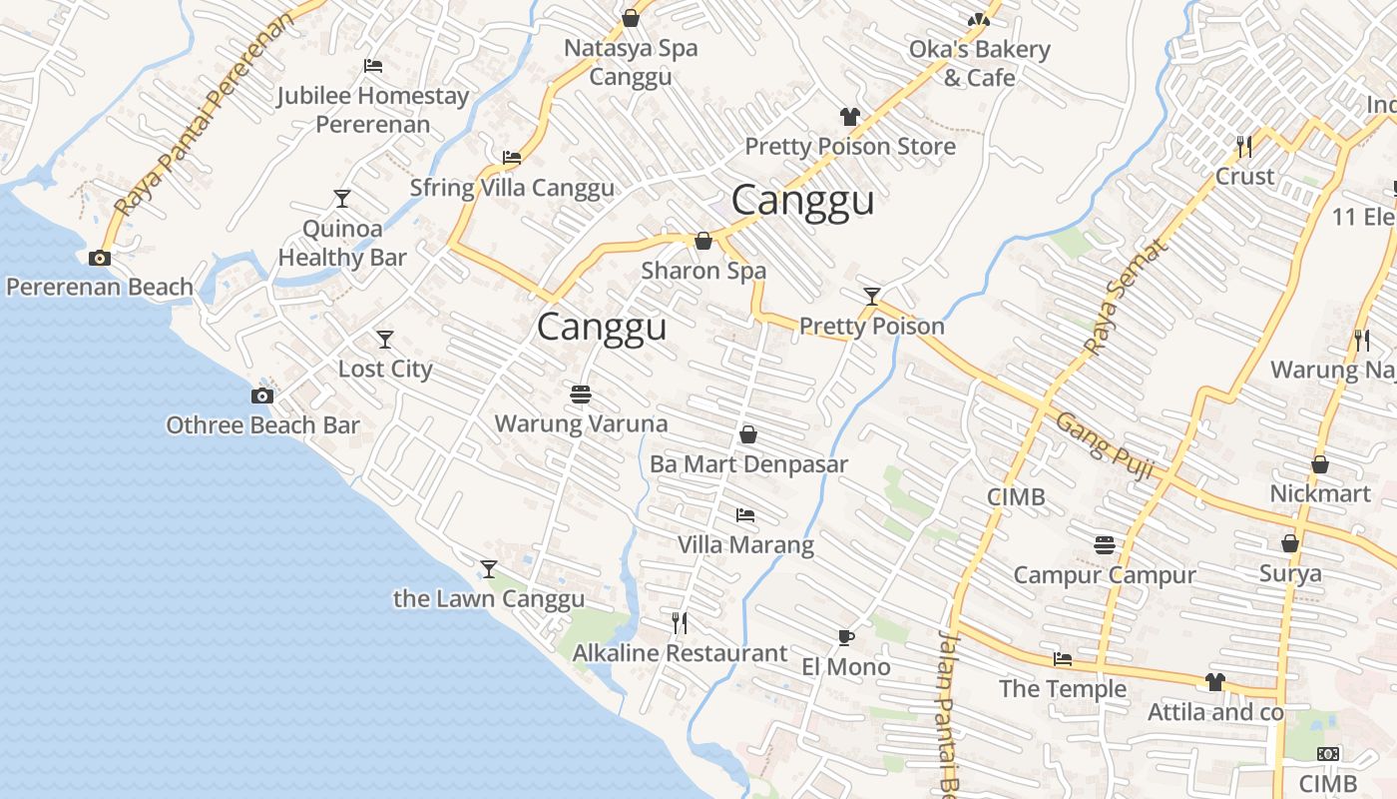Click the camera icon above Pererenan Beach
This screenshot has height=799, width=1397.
tap(99, 258)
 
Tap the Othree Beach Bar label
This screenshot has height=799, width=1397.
tap(262, 425)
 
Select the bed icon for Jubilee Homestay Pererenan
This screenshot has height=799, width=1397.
tap(373, 66)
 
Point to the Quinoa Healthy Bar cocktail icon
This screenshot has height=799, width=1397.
tap(342, 198)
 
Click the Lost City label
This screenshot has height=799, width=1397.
tap(385, 369)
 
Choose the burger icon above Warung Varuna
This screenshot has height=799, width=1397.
tap(581, 394)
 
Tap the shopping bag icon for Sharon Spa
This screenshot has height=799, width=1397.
tap(703, 241)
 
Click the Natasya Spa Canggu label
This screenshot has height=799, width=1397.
tap(631, 62)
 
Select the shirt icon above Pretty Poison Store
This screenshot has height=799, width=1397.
tap(850, 117)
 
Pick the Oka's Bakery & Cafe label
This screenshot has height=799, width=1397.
tap(979, 63)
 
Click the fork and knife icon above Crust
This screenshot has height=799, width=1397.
tap(1244, 147)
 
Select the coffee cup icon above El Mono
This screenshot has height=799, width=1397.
tap(845, 637)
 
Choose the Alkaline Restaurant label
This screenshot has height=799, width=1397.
tap(680, 653)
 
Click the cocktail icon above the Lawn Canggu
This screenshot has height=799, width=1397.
tap(488, 569)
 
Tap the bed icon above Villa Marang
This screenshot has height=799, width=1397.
tap(745, 515)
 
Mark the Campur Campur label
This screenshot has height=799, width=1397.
tap(1104, 575)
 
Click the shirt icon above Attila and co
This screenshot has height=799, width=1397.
tap(1214, 682)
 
